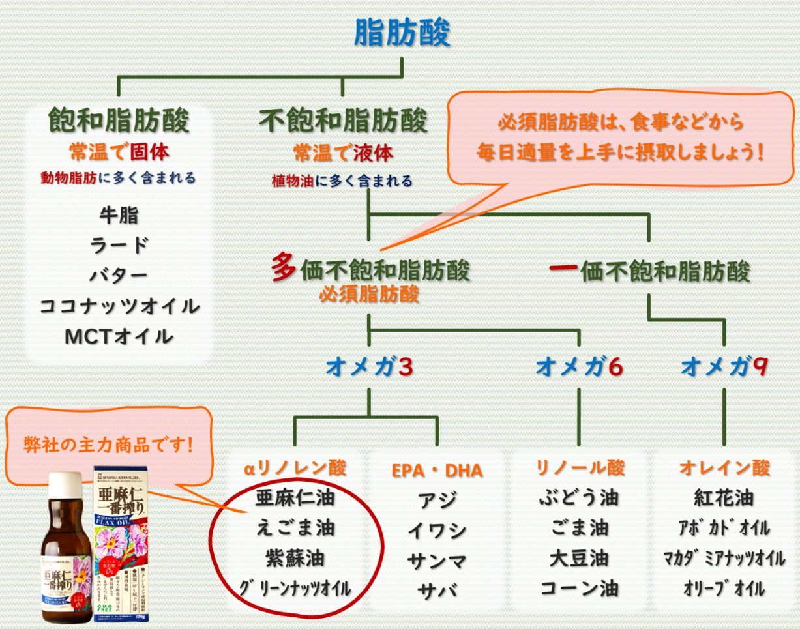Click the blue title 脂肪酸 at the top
(402, 32)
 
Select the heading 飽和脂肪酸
(119, 120)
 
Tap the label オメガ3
(369, 368)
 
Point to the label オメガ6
(579, 368)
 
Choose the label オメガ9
(724, 368)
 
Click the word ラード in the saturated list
(119, 245)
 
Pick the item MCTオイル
(119, 336)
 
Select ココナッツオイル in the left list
(119, 306)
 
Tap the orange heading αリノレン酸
(295, 468)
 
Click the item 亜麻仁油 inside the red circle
(295, 499)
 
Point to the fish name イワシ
(437, 531)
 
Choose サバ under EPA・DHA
(437, 591)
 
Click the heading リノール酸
(580, 467)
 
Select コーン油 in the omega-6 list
(580, 589)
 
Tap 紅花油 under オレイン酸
(724, 499)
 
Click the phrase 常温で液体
(343, 154)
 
